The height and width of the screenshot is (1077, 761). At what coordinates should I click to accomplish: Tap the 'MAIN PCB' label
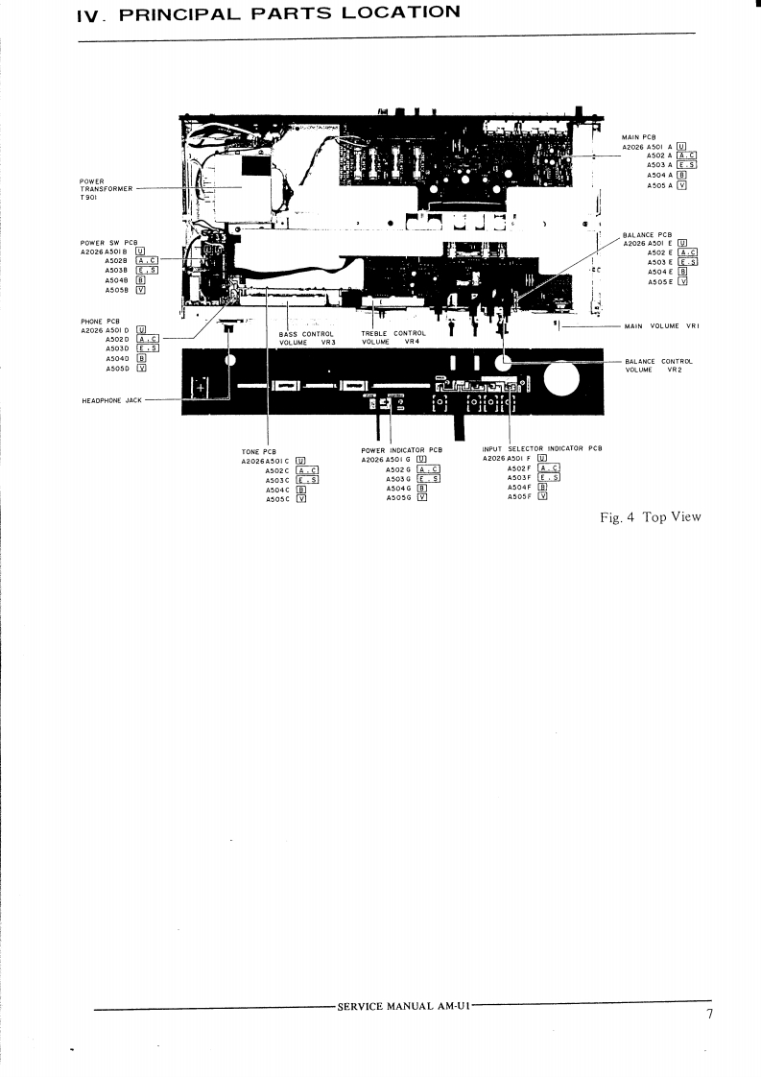[x=638, y=138]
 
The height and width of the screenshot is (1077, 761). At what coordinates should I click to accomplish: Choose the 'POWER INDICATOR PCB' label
[x=401, y=449]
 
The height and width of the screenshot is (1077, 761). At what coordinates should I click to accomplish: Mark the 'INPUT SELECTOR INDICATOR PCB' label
[x=542, y=449]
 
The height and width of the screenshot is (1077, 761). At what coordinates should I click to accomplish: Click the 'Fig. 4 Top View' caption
[x=650, y=517]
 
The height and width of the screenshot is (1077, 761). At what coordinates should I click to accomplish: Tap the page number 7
[x=709, y=1017]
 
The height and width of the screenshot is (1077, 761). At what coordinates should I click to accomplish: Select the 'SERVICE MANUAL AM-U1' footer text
[x=403, y=1006]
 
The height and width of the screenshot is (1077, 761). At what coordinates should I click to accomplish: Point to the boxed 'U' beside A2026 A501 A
[x=681, y=146]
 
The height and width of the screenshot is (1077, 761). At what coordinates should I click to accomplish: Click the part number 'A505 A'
[x=659, y=185]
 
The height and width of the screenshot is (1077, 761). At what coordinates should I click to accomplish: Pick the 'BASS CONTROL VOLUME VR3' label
[x=306, y=338]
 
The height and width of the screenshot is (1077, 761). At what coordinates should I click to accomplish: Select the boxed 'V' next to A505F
[x=542, y=496]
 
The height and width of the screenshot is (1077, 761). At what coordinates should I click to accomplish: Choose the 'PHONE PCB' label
[x=100, y=321]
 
